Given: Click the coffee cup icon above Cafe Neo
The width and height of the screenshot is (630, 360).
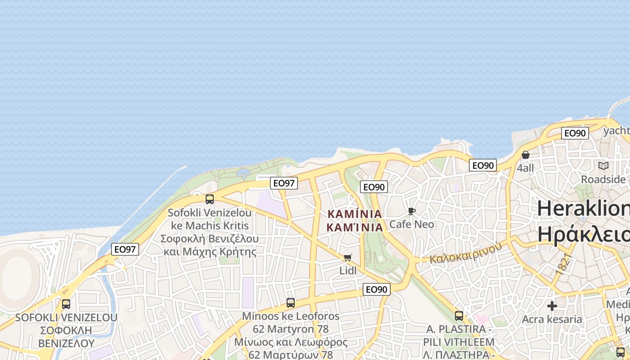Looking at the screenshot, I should (411, 211).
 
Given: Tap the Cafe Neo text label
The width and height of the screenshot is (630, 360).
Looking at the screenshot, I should (412, 224).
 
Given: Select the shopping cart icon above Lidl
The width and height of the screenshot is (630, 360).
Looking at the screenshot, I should (347, 258).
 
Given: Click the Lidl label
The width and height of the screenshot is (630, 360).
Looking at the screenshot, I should (348, 270).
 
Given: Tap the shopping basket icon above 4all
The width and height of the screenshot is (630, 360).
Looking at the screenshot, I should (525, 155).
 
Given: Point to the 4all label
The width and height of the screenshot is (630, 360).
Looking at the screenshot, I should (525, 168).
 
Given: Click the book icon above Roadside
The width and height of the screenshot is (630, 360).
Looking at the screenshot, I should (603, 166).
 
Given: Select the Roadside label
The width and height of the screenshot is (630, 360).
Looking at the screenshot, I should (603, 179).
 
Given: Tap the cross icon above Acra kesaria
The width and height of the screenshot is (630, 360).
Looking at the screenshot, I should (552, 306).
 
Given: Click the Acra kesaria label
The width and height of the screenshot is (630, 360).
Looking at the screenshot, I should (552, 319).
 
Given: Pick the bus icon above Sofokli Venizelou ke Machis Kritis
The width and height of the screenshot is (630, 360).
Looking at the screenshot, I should (210, 199).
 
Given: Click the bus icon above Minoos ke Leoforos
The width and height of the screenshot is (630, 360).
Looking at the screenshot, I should (291, 303).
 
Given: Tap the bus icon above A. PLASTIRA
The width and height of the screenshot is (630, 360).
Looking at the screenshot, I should (459, 316).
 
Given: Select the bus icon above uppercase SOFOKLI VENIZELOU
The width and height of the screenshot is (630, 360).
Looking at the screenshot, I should (66, 304).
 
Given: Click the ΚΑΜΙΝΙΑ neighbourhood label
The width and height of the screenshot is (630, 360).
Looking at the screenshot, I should (355, 220).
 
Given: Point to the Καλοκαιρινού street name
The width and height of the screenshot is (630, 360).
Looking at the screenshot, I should (465, 253).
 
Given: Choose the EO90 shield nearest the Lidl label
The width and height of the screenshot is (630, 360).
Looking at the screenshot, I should (376, 289).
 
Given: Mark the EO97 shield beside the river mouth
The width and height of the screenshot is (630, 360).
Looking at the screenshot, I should (125, 249).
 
